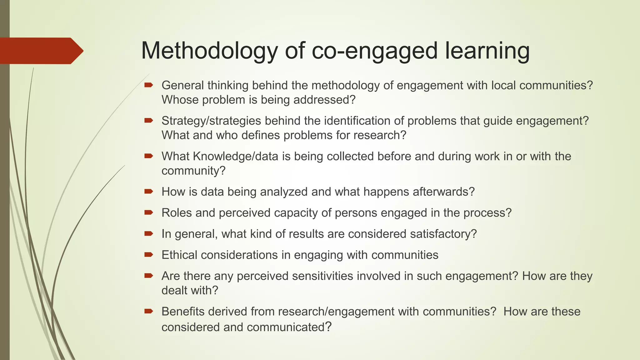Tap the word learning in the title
pyautogui.click(x=487, y=51)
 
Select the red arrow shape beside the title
pyautogui.click(x=41, y=51)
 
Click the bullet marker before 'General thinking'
pyautogui.click(x=148, y=85)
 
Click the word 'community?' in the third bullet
pyautogui.click(x=193, y=171)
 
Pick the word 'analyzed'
pyautogui.click(x=284, y=192)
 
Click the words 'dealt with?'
pyautogui.click(x=190, y=291)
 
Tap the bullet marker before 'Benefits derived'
pyautogui.click(x=148, y=311)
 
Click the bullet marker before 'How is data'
pyautogui.click(x=148, y=192)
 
